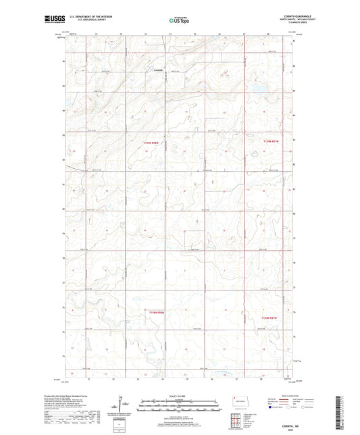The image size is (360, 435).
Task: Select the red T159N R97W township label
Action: [x=271, y=141]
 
